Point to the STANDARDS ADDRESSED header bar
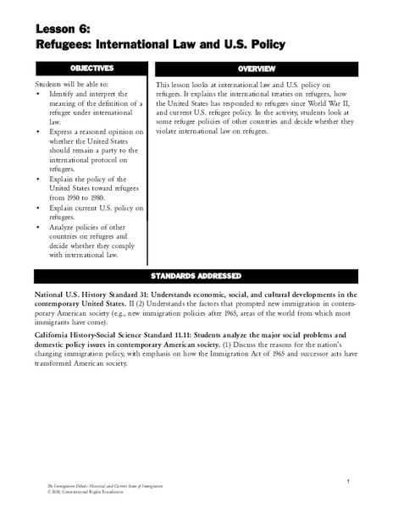click(196, 275)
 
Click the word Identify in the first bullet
click(68, 96)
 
